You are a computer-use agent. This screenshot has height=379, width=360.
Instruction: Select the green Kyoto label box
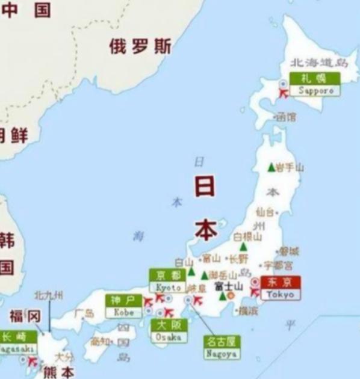(168, 280)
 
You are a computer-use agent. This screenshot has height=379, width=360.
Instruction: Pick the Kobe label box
(123, 306)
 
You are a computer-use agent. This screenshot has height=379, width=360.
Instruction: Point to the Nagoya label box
(221, 348)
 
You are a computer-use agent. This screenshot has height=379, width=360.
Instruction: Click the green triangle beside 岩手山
(271, 167)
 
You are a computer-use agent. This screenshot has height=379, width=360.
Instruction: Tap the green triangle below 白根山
(243, 246)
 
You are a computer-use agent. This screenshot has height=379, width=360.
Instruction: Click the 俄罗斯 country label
(140, 46)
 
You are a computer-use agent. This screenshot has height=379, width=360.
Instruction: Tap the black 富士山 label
(228, 286)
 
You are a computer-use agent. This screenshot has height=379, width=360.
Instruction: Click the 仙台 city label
(265, 212)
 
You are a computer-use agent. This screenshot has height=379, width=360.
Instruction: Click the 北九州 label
(49, 295)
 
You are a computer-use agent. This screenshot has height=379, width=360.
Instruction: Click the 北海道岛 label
(319, 63)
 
